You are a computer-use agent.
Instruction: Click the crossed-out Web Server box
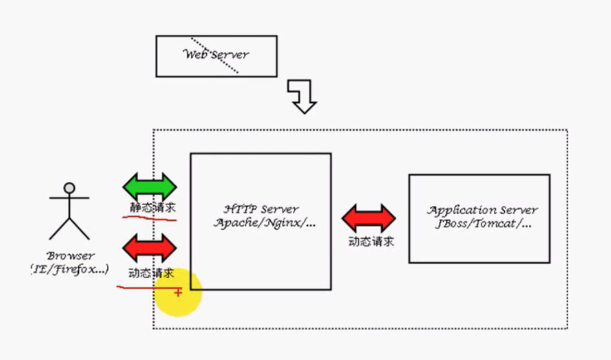pos(216,56)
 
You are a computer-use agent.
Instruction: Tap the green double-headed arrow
pos(150,186)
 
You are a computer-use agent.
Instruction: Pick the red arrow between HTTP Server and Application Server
pos(369,218)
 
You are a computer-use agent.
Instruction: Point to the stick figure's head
pos(69,187)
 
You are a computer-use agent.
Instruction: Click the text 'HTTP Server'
pos(261,209)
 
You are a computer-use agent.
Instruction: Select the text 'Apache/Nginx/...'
pos(264,223)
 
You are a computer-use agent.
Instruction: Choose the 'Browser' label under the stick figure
pos(71,256)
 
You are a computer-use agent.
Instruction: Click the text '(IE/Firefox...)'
pos(70,269)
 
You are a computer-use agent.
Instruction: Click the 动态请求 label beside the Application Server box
pos(371,241)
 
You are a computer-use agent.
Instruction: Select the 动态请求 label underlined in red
pos(151,273)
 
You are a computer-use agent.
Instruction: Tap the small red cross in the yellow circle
pos(178,292)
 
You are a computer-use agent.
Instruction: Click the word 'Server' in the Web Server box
pos(230,55)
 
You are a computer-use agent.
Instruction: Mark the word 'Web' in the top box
pos(195,55)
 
